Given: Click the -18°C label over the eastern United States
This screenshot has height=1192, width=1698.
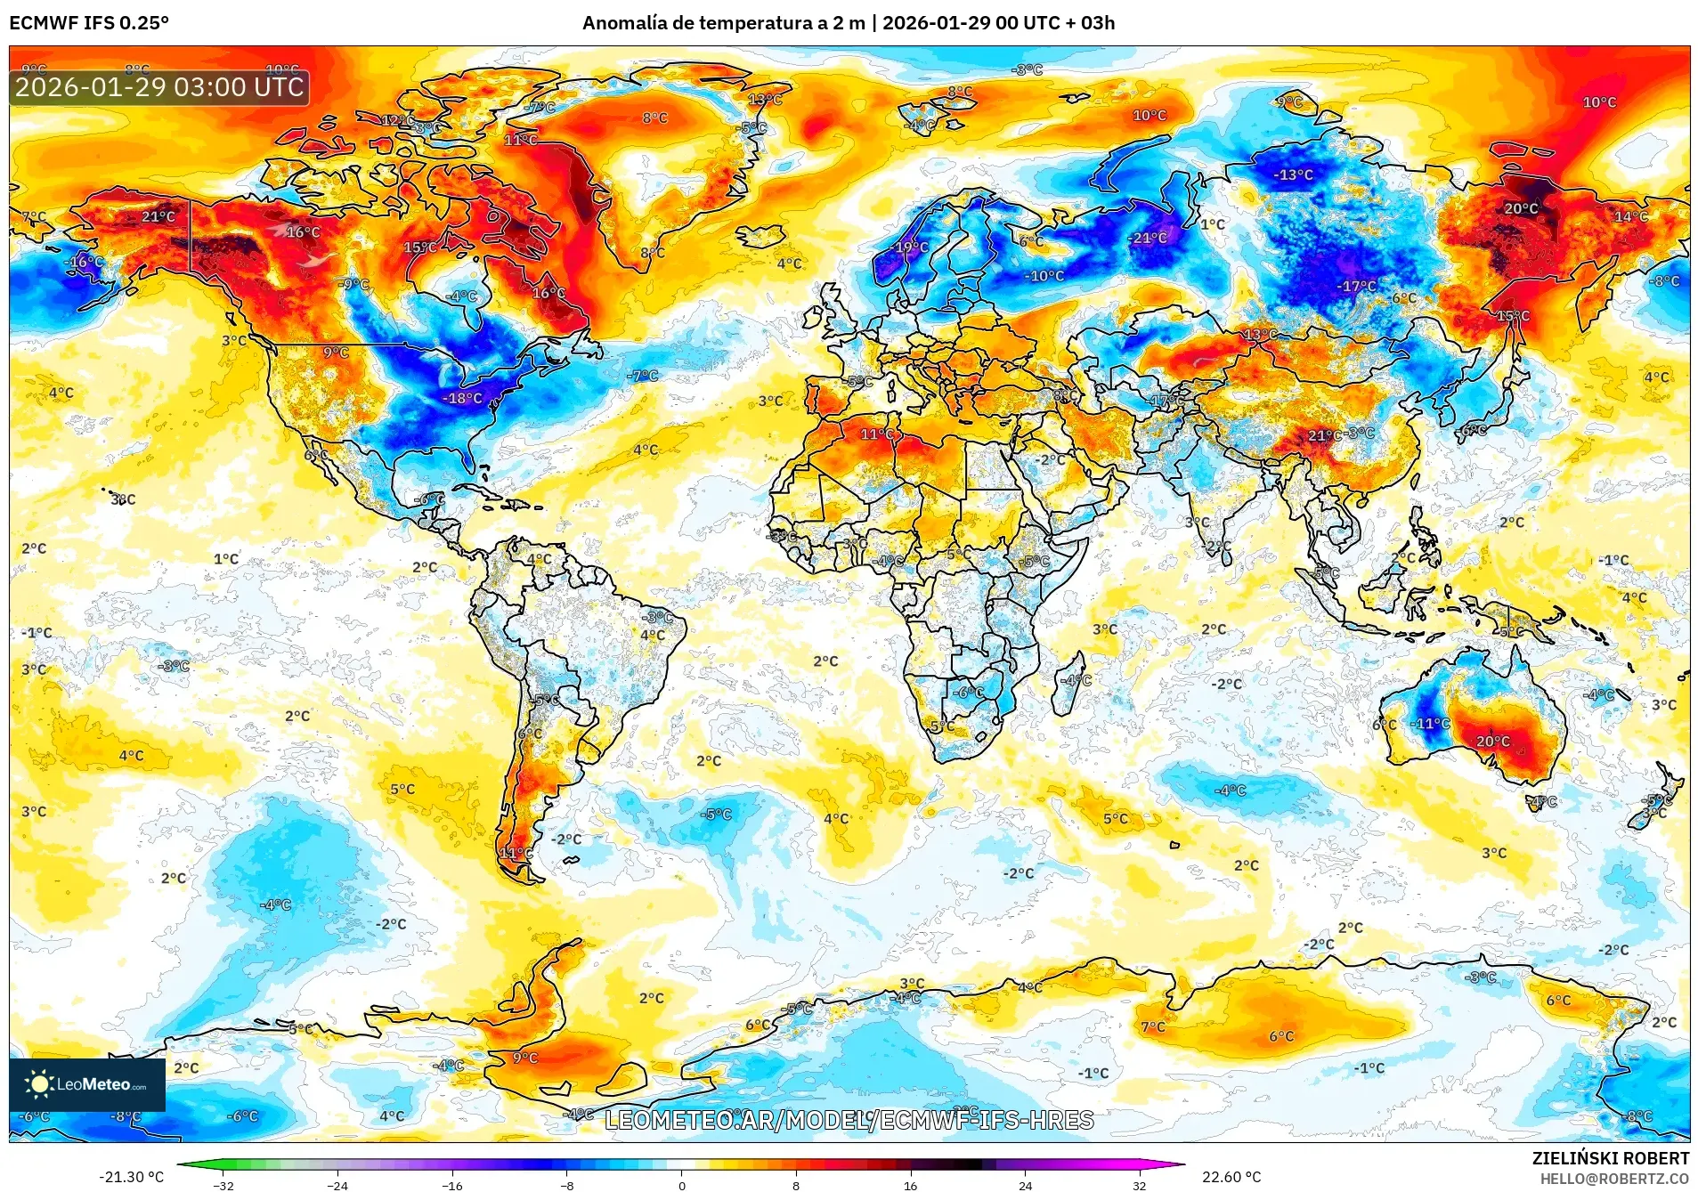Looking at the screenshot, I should [463, 398].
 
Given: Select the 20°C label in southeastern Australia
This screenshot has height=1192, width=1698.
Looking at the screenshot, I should [1493, 741].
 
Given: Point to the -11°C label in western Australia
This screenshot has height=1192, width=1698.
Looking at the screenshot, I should [1431, 724].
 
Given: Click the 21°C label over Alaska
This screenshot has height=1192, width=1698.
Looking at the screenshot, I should [158, 216].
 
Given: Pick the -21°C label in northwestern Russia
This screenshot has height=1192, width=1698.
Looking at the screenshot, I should [1149, 238].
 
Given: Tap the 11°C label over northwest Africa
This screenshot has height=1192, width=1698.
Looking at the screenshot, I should [877, 434].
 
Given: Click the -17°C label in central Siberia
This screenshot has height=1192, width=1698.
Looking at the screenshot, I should [1358, 286].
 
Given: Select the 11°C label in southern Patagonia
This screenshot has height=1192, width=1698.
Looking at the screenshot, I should [516, 853].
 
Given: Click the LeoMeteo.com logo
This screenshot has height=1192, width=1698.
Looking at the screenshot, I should [87, 1084].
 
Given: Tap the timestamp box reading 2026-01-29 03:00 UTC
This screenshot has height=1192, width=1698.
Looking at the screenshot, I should [159, 87].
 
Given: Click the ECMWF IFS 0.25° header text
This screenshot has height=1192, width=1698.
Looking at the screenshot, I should [89, 23].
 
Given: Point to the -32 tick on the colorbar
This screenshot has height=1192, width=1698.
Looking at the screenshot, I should [223, 1185].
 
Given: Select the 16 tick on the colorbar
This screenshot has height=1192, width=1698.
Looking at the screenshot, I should [910, 1185].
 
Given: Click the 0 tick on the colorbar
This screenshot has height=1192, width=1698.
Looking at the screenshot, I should [682, 1185].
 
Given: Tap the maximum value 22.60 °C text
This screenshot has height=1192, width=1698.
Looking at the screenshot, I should [1231, 1177].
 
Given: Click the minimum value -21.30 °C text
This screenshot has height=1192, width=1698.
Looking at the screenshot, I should [131, 1177].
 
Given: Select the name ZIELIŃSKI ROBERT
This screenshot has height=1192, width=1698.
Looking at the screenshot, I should [1610, 1158].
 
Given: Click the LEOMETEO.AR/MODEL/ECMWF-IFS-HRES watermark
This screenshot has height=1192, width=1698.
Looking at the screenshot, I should [849, 1120].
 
